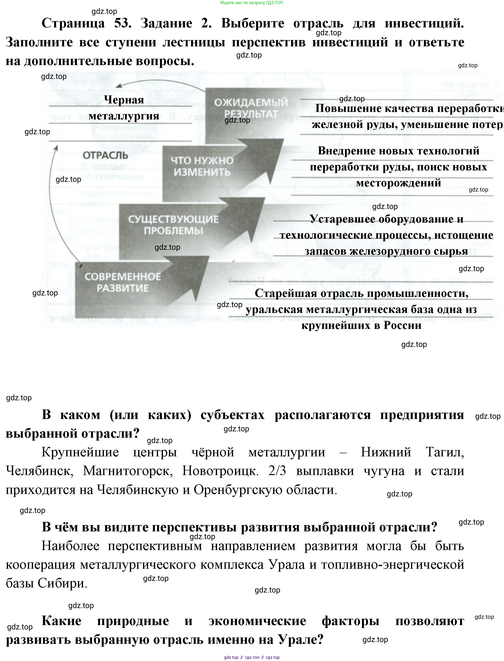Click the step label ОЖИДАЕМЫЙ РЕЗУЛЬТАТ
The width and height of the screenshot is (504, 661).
click(x=251, y=108)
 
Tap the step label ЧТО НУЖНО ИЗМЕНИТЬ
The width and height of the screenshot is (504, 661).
click(x=202, y=166)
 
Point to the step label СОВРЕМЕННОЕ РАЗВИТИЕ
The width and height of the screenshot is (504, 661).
click(x=122, y=282)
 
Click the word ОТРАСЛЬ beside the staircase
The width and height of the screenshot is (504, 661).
click(x=101, y=155)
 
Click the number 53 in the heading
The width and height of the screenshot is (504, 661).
click(x=123, y=23)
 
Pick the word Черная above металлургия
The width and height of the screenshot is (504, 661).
click(x=124, y=100)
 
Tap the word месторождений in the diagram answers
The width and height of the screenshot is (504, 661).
click(x=398, y=183)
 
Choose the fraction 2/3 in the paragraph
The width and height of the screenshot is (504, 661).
click(x=277, y=471)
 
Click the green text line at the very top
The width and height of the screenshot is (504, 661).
click(x=252, y=3)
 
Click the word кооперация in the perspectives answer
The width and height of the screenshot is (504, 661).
click(x=41, y=565)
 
